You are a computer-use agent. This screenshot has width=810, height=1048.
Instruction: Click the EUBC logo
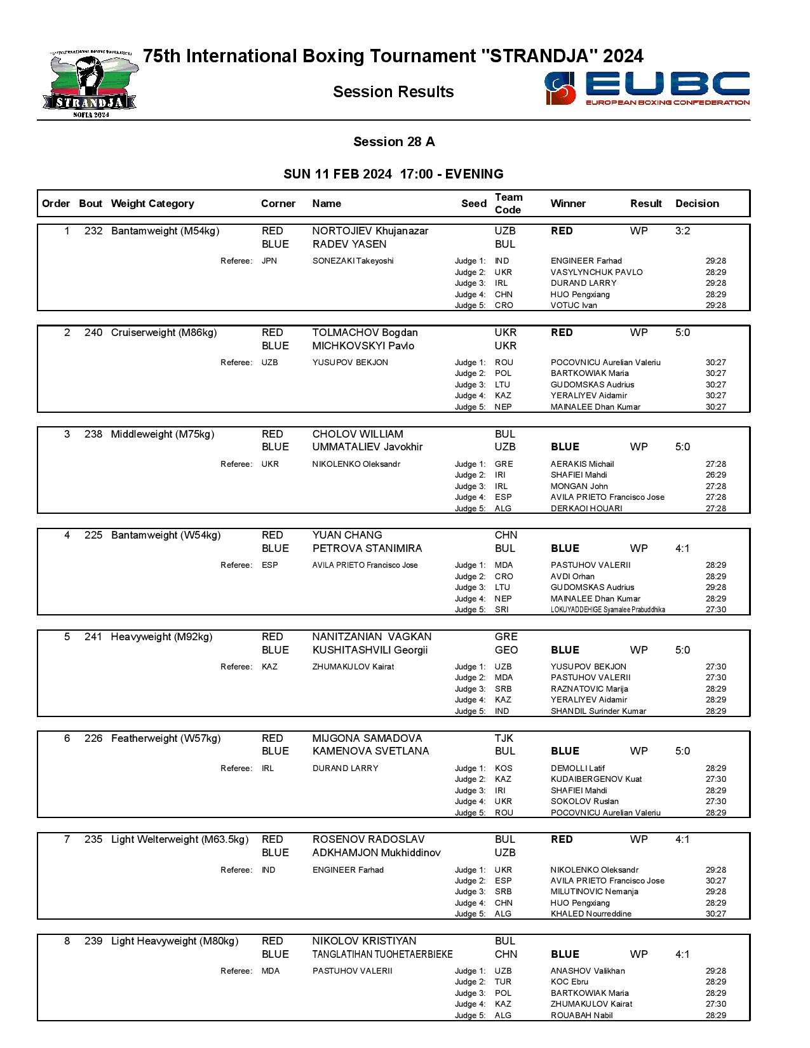pos(647,88)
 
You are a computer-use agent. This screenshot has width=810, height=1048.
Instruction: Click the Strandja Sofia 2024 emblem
pos(90,85)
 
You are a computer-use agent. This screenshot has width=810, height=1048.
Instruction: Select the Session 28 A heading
pos(394,142)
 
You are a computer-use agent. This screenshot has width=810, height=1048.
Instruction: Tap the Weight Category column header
pos(152,204)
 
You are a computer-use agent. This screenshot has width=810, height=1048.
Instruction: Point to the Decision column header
pos(697,204)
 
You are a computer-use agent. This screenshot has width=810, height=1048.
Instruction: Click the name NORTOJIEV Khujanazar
pos(370,231)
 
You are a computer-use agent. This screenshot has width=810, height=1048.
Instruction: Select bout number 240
pos(93,333)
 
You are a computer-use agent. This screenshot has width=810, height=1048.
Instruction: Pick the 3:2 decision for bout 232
pos(682,231)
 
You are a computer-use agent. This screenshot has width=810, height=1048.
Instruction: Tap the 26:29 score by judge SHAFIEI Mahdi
pos(715,475)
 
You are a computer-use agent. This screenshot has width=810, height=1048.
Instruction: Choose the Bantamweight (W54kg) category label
pos(166,535)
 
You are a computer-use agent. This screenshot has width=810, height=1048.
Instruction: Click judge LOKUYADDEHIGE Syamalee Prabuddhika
pos(607,610)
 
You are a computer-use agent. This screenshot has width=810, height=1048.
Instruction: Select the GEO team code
pos(506,650)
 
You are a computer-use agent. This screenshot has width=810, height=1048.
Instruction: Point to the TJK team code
pos(504,739)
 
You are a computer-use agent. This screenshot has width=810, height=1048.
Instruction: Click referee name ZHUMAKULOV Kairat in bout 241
pos(353,667)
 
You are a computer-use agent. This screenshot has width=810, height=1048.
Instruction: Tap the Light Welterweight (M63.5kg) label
pos(180,840)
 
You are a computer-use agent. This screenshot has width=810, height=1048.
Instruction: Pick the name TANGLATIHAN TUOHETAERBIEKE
pos(382,955)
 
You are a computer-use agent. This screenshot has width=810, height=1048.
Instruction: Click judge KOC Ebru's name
pos(569,982)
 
